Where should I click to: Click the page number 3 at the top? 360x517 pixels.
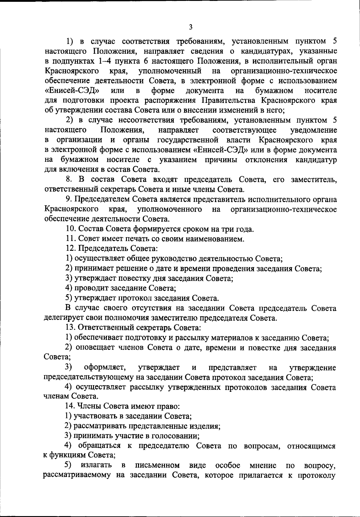click(191, 27)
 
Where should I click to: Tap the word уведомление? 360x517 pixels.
click(313, 130)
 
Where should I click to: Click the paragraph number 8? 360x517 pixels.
click(69, 180)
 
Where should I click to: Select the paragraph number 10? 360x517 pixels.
click(71, 229)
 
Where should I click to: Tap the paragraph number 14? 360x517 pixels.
click(70, 407)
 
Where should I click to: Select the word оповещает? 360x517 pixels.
click(94, 347)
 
